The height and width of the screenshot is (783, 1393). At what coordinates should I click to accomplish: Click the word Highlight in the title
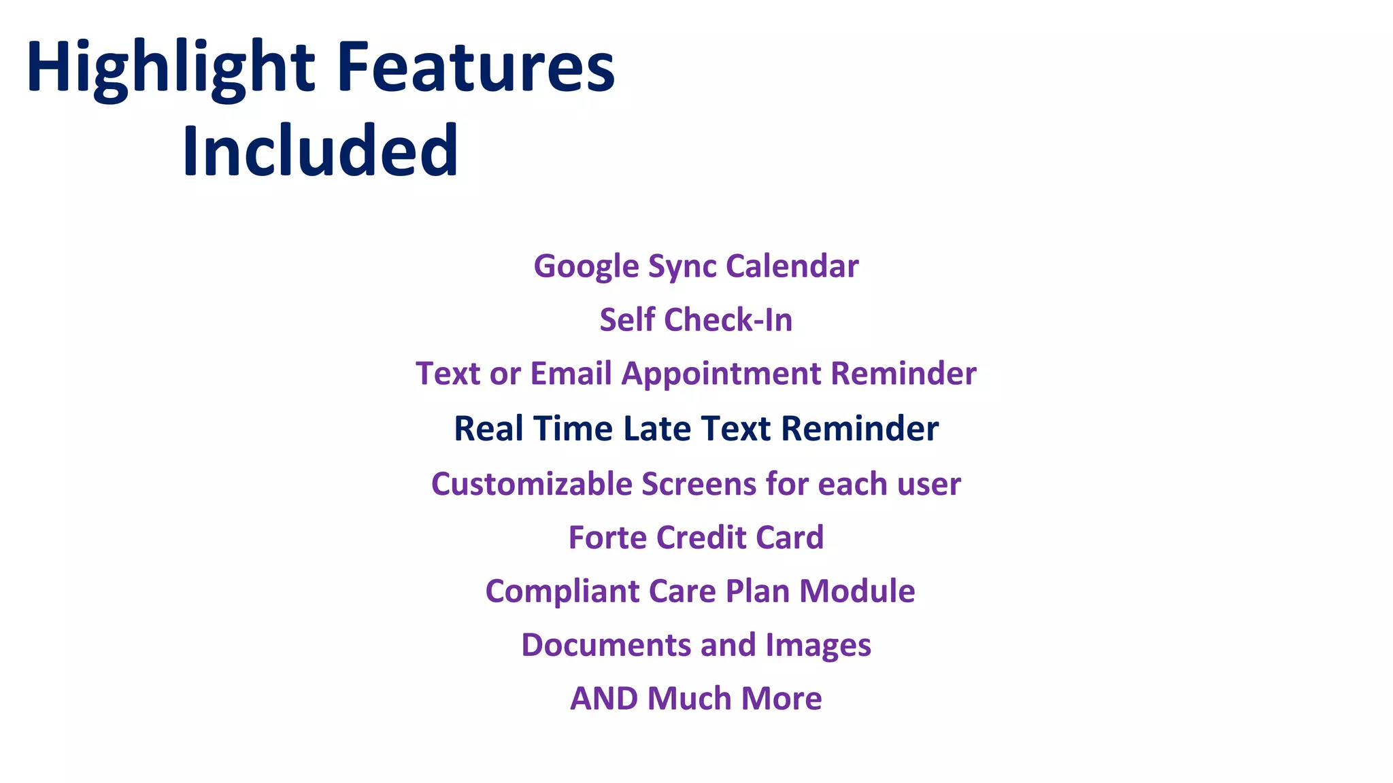pyautogui.click(x=170, y=68)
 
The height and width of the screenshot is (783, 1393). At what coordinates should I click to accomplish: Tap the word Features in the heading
pyautogui.click(x=476, y=68)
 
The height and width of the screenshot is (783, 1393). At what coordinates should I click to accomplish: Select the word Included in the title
pyautogui.click(x=320, y=151)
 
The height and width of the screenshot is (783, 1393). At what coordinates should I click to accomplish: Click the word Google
pyautogui.click(x=586, y=266)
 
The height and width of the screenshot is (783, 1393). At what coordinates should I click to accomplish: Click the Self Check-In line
pyautogui.click(x=696, y=319)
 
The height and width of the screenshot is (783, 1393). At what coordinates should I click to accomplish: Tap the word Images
pyautogui.click(x=818, y=645)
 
